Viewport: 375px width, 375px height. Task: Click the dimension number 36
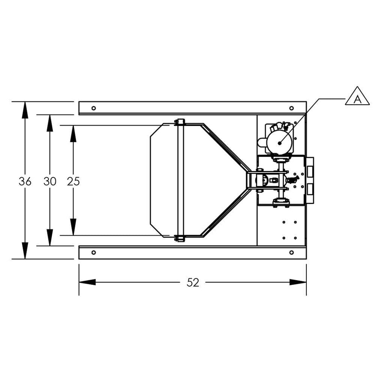coord(25,181)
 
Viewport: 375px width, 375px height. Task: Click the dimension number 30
coord(50,181)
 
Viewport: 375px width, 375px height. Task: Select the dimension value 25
coord(73,181)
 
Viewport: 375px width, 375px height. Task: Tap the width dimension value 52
coord(193,282)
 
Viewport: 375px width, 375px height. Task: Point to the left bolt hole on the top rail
coord(94,108)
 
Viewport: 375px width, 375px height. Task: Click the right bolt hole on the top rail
coord(291,108)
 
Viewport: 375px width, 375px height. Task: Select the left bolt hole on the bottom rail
coord(94,252)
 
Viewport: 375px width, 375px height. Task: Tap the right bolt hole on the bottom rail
coord(291,252)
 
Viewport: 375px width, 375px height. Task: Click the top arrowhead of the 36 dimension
coord(25,109)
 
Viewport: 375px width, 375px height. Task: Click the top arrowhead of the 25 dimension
coord(73,133)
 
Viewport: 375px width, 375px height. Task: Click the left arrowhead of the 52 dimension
coord(87,282)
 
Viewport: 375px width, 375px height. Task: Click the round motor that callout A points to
coord(280,142)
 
